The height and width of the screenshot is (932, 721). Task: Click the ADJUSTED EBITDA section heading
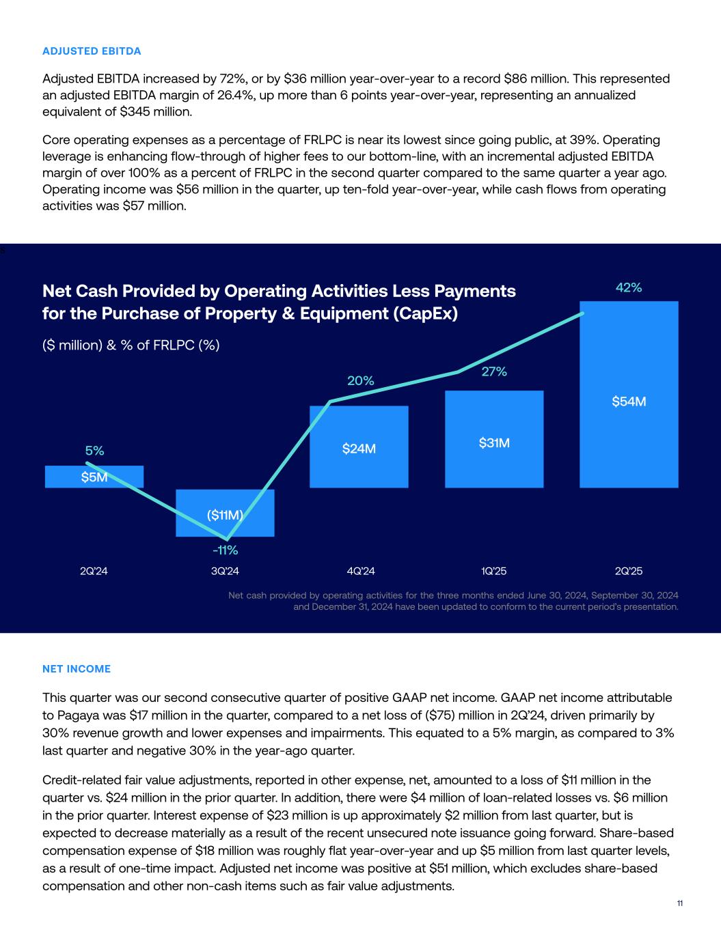pos(92,51)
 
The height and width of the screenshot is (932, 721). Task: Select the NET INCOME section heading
pos(77,669)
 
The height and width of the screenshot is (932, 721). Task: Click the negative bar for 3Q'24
pos(225,513)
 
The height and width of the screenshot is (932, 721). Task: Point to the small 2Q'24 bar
pos(94,477)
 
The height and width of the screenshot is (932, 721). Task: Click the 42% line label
pos(629,287)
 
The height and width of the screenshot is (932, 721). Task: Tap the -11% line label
pos(225,550)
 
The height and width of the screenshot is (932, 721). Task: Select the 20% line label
pos(361,381)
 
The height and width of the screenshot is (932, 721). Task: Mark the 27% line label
pos(494,371)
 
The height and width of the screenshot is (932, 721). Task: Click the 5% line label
pos(94,451)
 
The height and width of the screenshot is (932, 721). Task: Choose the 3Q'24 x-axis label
pos(225,571)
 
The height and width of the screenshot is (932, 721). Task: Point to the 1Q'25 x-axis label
pos(494,571)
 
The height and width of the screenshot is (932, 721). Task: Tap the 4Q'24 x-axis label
pos(361,571)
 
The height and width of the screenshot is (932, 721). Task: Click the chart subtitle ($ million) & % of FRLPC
pos(131,345)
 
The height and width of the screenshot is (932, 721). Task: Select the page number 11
pos(680,903)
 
